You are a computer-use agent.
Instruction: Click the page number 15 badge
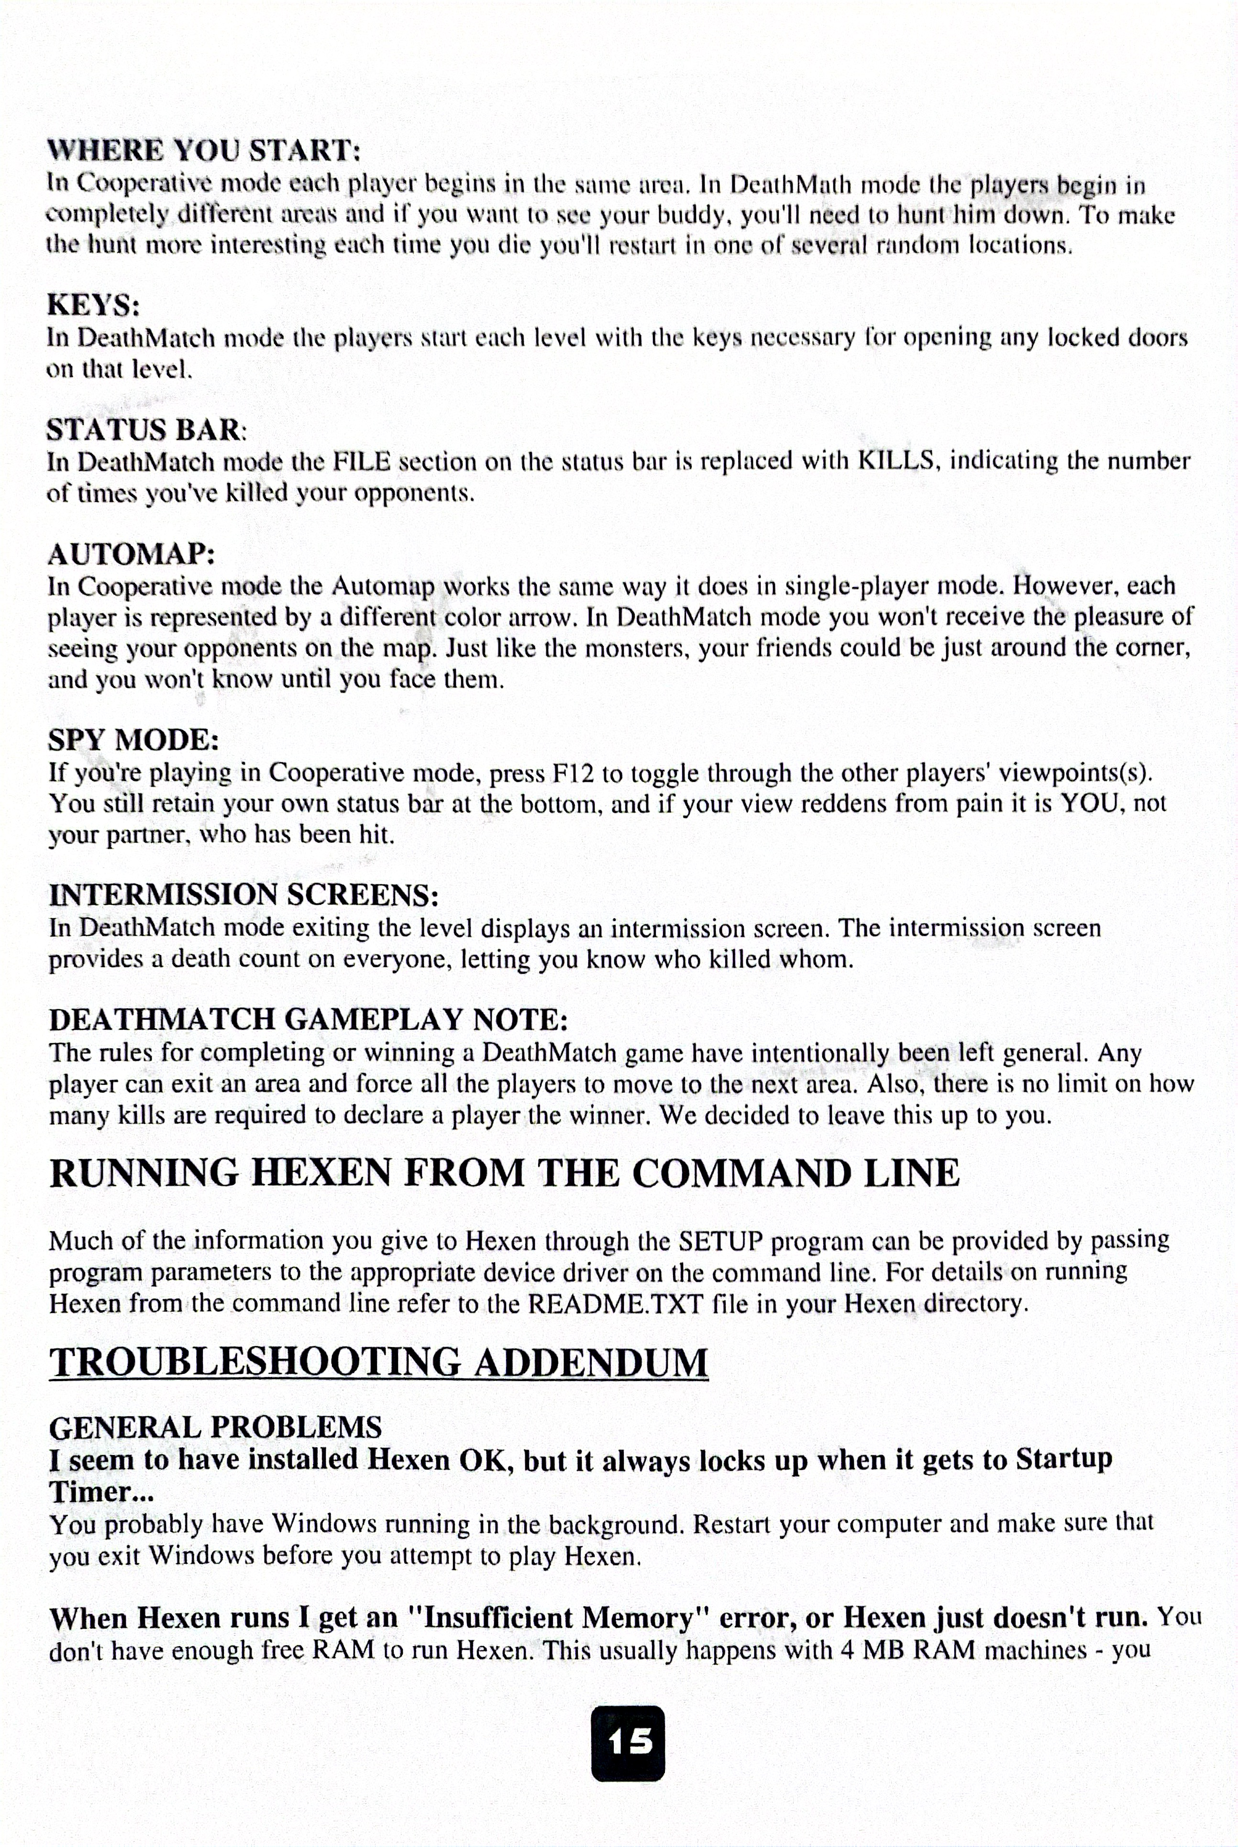(x=628, y=1742)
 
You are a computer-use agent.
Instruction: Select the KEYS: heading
(x=93, y=304)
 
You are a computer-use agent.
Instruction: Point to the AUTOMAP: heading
(x=131, y=554)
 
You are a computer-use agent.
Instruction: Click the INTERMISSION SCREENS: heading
(x=243, y=895)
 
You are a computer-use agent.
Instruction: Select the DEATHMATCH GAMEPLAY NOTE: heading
(x=308, y=1020)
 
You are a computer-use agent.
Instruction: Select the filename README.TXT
(x=615, y=1303)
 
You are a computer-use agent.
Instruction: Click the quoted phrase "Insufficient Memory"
(x=559, y=1618)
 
